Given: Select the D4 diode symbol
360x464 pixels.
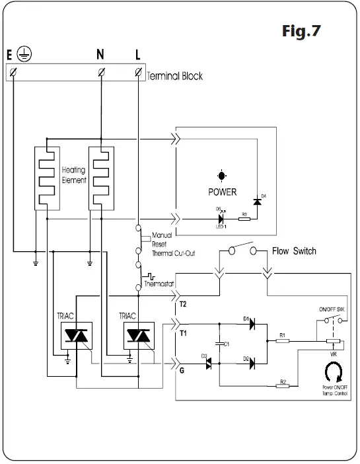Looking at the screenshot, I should [x=256, y=200].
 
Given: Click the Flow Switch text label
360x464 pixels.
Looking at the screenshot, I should [x=294, y=251].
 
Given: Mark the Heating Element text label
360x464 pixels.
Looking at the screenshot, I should [x=73, y=174].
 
